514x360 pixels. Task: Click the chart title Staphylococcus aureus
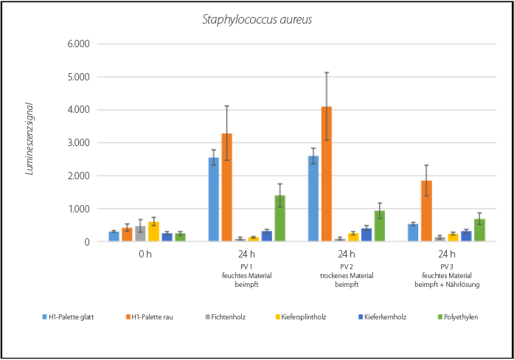coord(257,19)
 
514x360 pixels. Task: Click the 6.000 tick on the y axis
coord(77,44)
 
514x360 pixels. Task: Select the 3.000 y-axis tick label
coord(77,143)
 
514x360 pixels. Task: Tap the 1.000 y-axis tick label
coord(77,209)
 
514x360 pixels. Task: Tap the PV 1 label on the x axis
coord(247,266)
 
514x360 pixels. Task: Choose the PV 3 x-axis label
coord(447,266)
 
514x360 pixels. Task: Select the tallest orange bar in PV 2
coord(326,174)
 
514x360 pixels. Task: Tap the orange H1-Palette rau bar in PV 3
coord(426,211)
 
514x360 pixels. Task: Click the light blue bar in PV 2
coord(313,198)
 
